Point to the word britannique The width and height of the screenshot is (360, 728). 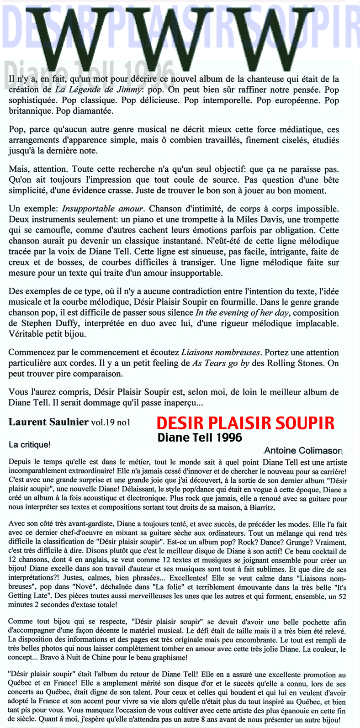pos(29,111)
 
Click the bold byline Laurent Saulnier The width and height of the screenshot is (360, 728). pos(48,422)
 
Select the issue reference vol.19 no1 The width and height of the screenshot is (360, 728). pos(111,422)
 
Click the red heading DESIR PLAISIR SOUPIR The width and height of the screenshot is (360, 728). pos(245,423)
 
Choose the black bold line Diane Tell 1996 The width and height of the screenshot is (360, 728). pos(200,438)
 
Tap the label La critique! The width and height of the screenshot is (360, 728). pos(29,444)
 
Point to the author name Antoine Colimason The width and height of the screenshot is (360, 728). pos(302,451)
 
